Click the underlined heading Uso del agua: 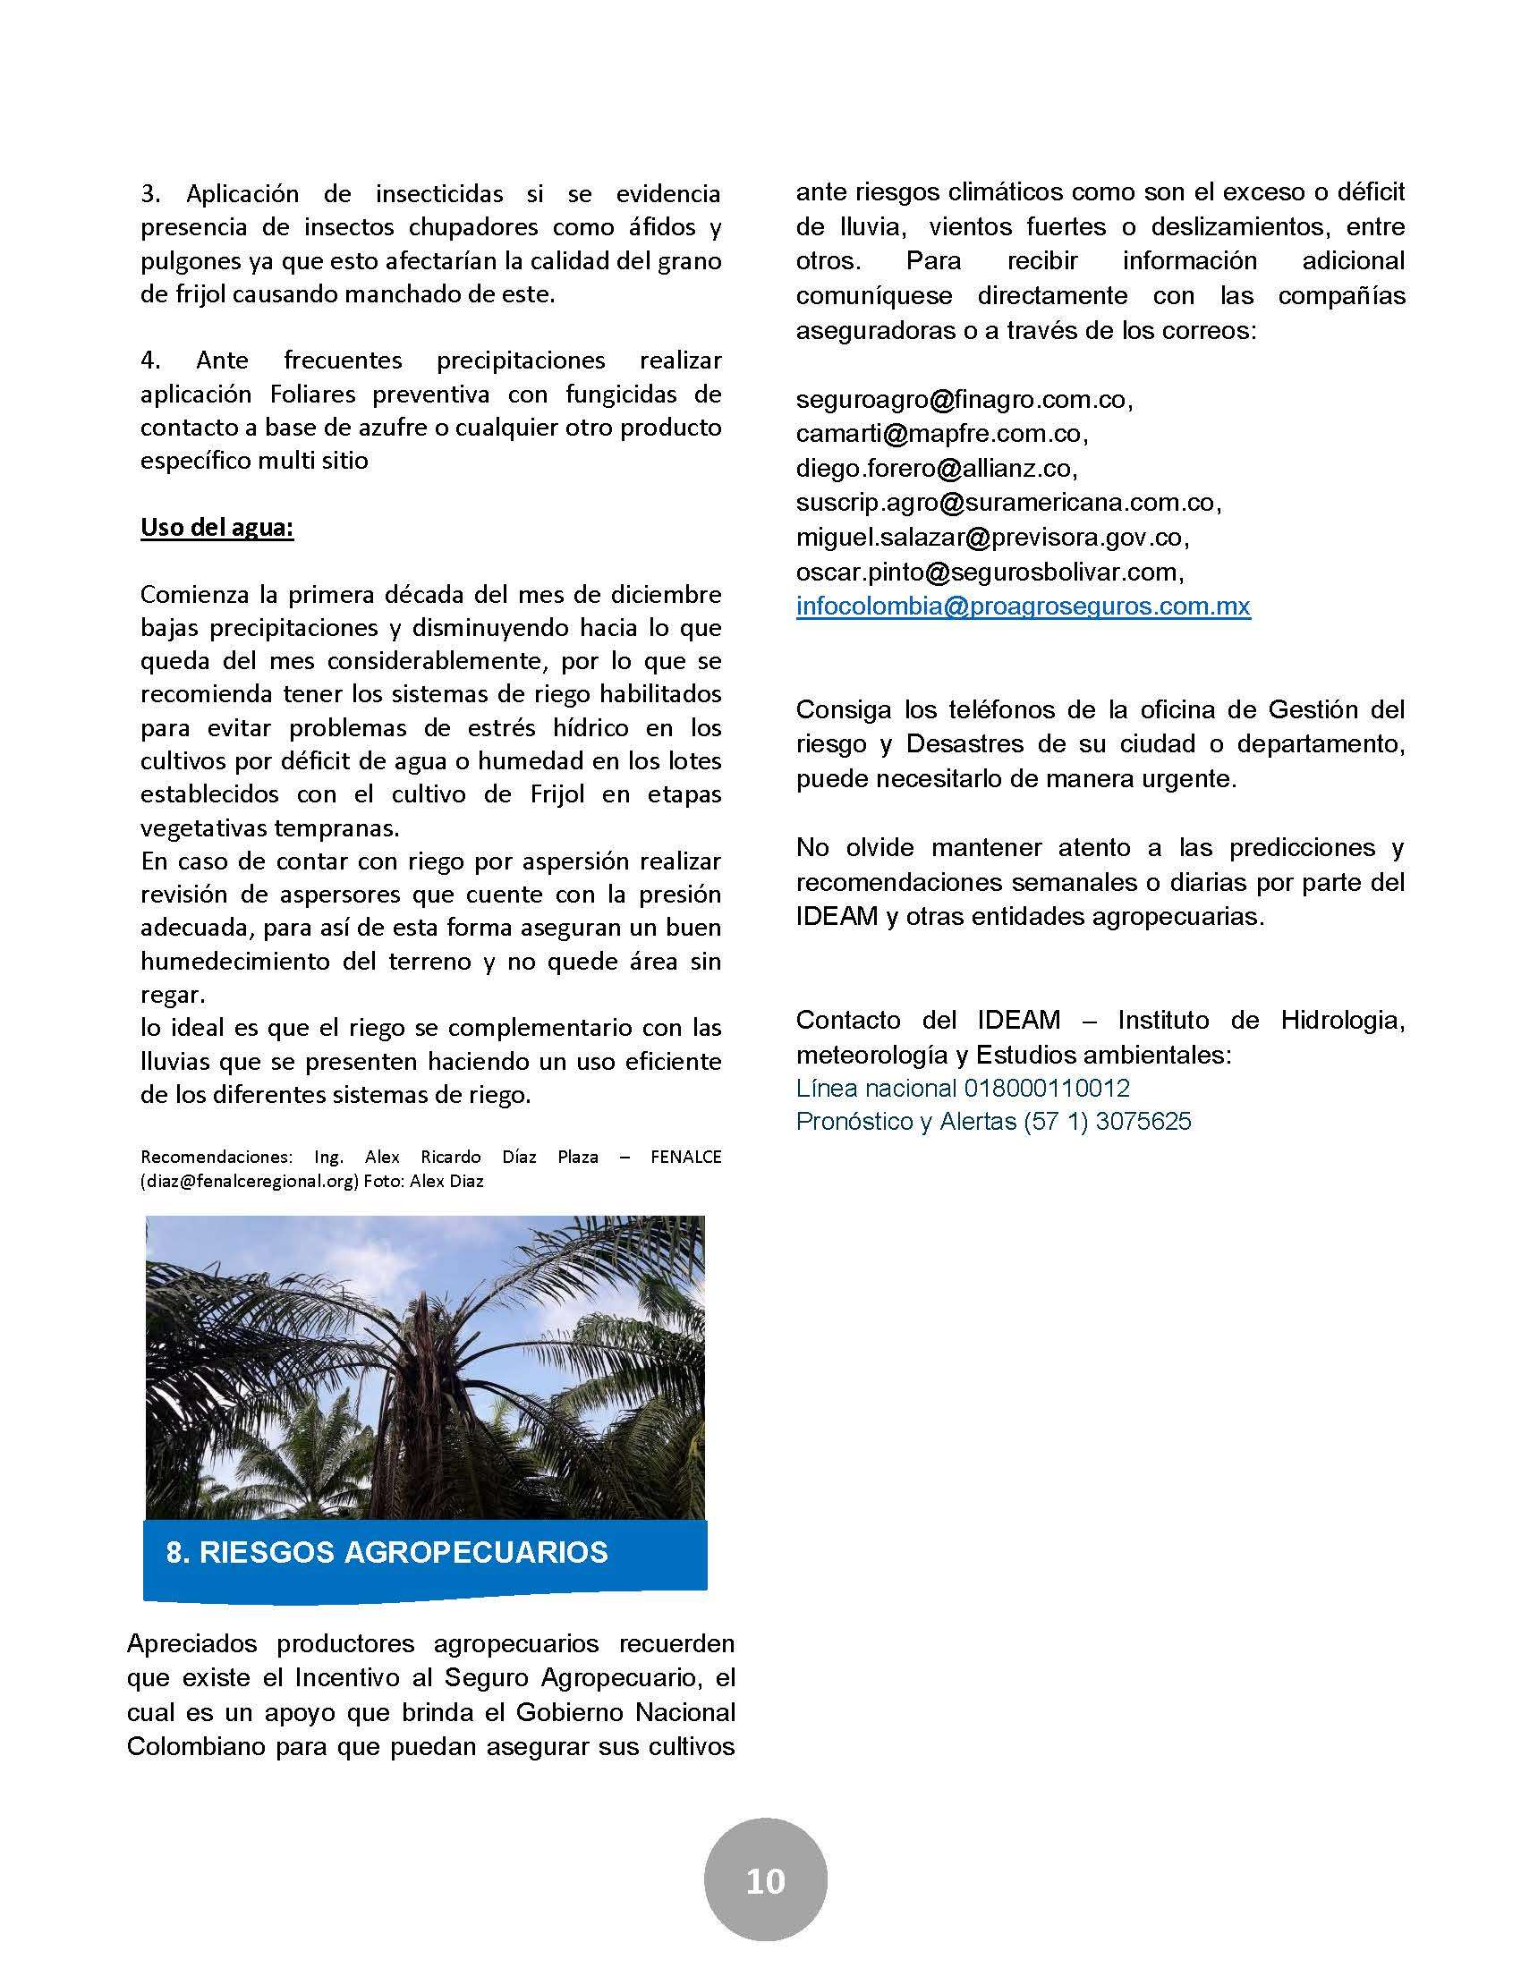click(217, 527)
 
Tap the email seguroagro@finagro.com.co click(963, 398)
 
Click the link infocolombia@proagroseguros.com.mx click(1023, 606)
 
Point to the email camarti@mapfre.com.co click(939, 434)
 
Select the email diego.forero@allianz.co click(934, 468)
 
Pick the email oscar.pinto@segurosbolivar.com click(989, 572)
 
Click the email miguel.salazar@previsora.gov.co click(990, 537)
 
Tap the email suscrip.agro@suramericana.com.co click(1007, 502)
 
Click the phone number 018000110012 click(1046, 1088)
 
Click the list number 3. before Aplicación click(150, 194)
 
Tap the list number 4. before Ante click(150, 361)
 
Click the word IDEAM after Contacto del click(1018, 1020)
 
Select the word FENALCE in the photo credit click(685, 1156)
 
